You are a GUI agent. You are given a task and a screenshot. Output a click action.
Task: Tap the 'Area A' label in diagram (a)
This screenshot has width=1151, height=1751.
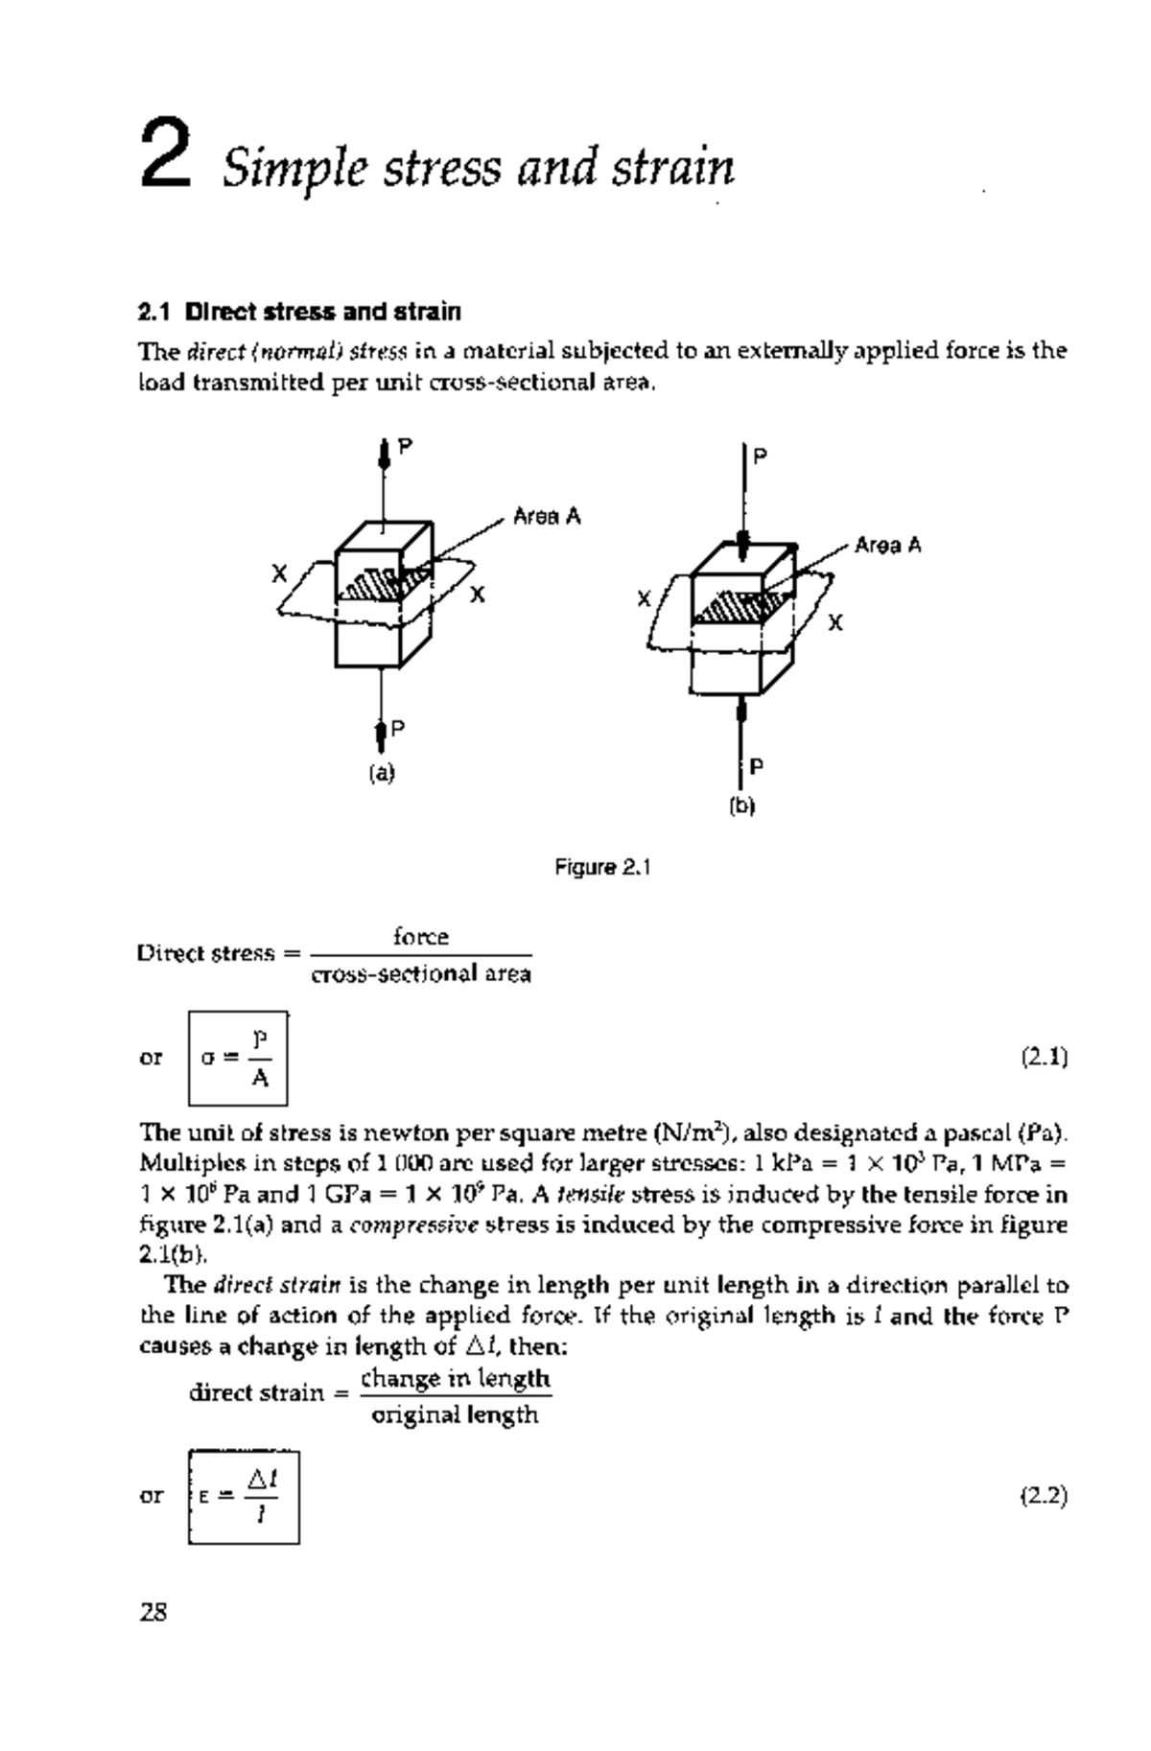[547, 517]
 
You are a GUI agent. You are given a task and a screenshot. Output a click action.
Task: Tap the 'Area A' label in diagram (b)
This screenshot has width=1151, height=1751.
[887, 546]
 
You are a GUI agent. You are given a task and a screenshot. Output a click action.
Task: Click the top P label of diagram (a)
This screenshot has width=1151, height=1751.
[406, 446]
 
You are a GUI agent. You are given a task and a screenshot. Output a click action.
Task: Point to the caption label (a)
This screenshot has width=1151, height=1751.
[382, 773]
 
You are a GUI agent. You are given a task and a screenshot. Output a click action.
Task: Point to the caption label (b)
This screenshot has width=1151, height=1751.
[742, 806]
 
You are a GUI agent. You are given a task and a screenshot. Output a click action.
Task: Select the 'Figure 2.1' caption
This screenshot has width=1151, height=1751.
[602, 868]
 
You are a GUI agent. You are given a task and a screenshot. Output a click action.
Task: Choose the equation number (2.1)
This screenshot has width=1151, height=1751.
[1044, 1058]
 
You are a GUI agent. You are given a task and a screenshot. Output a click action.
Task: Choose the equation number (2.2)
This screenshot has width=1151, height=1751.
[1044, 1496]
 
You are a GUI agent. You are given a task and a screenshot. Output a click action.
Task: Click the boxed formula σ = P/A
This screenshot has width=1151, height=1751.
[238, 1058]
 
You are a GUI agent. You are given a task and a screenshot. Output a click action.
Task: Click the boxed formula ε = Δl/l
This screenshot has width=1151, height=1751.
[244, 1496]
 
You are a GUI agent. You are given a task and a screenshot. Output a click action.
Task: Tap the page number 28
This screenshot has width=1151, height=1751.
[153, 1613]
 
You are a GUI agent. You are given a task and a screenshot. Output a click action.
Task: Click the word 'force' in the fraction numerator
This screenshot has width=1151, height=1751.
[421, 936]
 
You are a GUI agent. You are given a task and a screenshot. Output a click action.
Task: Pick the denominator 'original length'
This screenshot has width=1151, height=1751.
[455, 1414]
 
